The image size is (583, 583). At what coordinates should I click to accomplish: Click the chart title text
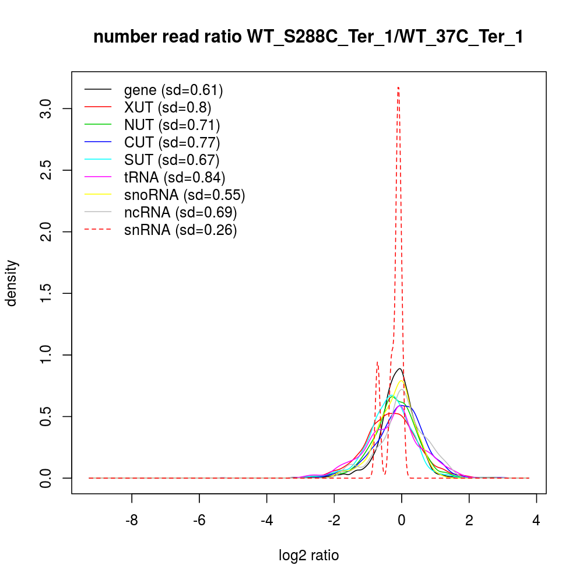[x=308, y=37]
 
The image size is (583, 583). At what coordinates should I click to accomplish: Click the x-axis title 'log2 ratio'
[x=309, y=555]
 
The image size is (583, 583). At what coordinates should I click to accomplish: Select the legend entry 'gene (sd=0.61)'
[x=174, y=90]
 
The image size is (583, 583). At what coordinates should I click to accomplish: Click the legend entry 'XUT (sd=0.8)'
[x=167, y=107]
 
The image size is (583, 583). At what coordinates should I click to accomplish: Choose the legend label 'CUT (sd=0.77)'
[x=172, y=142]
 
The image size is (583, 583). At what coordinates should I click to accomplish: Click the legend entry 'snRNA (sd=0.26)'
[x=180, y=230]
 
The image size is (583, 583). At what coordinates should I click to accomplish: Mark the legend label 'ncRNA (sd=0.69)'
[x=180, y=212]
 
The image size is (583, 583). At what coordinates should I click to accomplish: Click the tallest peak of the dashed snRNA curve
[x=398, y=87]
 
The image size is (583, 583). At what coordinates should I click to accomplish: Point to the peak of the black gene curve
[x=399, y=368]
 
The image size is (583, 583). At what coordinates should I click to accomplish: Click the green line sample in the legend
[x=98, y=125]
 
